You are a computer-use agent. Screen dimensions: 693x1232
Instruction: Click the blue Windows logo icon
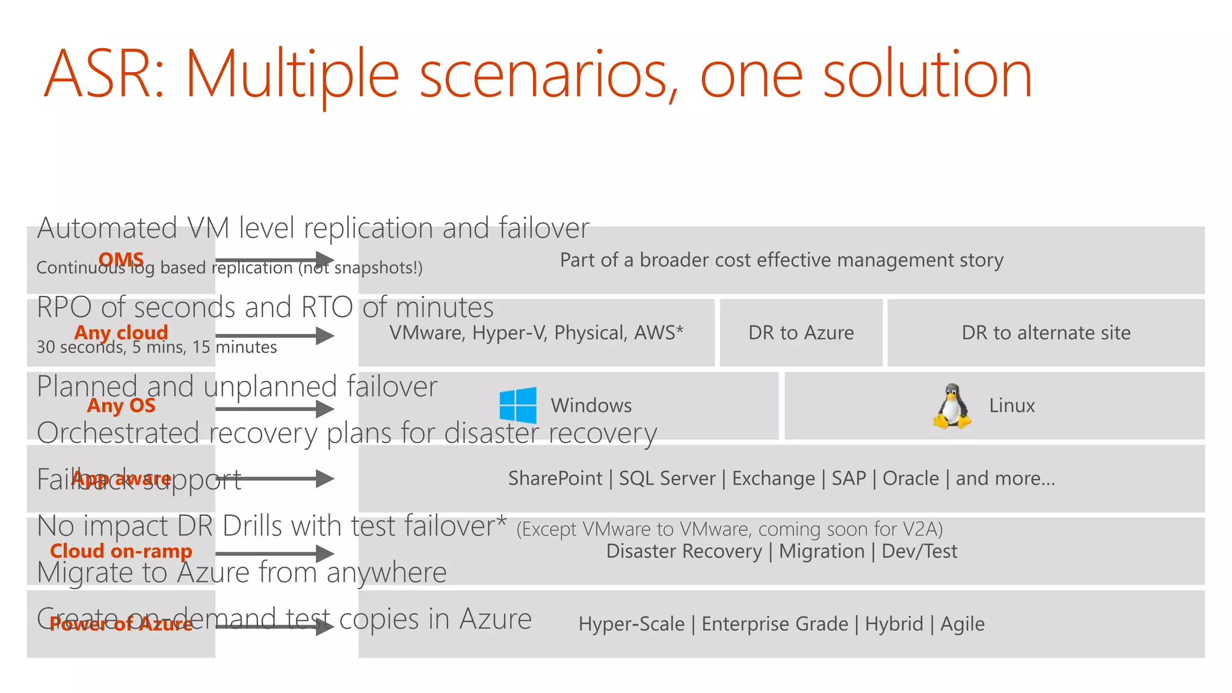[x=518, y=405]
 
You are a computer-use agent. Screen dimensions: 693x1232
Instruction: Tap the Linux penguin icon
[x=952, y=406]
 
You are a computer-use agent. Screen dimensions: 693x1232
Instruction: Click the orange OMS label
[x=121, y=259]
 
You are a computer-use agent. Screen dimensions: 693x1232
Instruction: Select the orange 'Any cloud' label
[x=121, y=332]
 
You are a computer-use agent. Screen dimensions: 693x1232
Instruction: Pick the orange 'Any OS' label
[x=121, y=405]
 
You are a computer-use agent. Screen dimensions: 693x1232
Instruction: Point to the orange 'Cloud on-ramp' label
[x=121, y=551]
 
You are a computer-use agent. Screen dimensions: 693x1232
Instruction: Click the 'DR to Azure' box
[x=801, y=333]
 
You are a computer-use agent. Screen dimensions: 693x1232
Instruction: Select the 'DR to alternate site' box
[x=1046, y=333]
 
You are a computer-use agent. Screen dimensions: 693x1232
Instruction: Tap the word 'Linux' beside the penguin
[x=1012, y=405]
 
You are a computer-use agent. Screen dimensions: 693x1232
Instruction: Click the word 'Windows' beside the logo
[x=591, y=405]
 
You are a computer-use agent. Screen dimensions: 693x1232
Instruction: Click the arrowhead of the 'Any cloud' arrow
[x=325, y=336]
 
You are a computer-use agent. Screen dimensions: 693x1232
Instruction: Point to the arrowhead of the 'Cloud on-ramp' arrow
[x=325, y=553]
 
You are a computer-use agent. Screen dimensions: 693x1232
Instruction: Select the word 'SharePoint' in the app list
[x=555, y=478]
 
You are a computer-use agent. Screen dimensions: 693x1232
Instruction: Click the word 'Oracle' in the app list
[x=910, y=478]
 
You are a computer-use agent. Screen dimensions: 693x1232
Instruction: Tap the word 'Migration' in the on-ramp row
[x=821, y=551]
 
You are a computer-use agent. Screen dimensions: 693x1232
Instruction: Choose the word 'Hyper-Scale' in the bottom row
[x=631, y=624]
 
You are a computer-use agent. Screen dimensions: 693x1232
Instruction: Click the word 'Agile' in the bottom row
[x=962, y=624]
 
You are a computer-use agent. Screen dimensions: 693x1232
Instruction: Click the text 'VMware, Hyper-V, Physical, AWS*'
[x=536, y=333]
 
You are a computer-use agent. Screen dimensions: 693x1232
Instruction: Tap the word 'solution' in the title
[x=927, y=75]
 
